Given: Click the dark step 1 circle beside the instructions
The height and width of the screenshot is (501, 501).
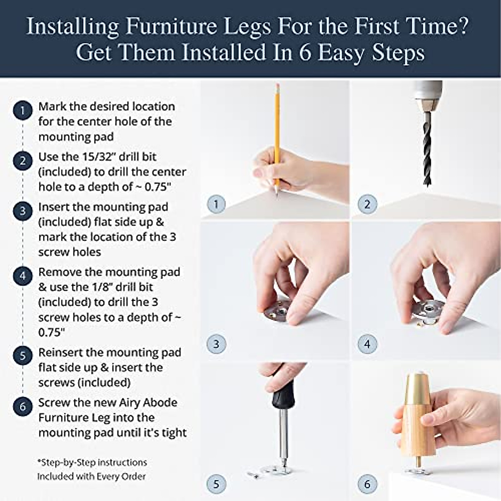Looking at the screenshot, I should pos(23,111).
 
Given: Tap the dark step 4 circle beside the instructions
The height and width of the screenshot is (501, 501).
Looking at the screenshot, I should pos(23,276).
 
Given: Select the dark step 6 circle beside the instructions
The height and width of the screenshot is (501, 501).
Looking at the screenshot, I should pos(23,406).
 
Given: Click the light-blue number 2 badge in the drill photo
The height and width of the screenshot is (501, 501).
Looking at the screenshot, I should pos(367,204).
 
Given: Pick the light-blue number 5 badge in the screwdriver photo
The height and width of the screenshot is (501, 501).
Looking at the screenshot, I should pos(216,484).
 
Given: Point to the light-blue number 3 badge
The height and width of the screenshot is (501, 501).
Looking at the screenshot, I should pos(216,344).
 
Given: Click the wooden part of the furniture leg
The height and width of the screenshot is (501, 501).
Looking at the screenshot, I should pos(415,434).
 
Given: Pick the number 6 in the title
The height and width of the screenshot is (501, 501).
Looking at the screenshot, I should pos(305,53).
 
